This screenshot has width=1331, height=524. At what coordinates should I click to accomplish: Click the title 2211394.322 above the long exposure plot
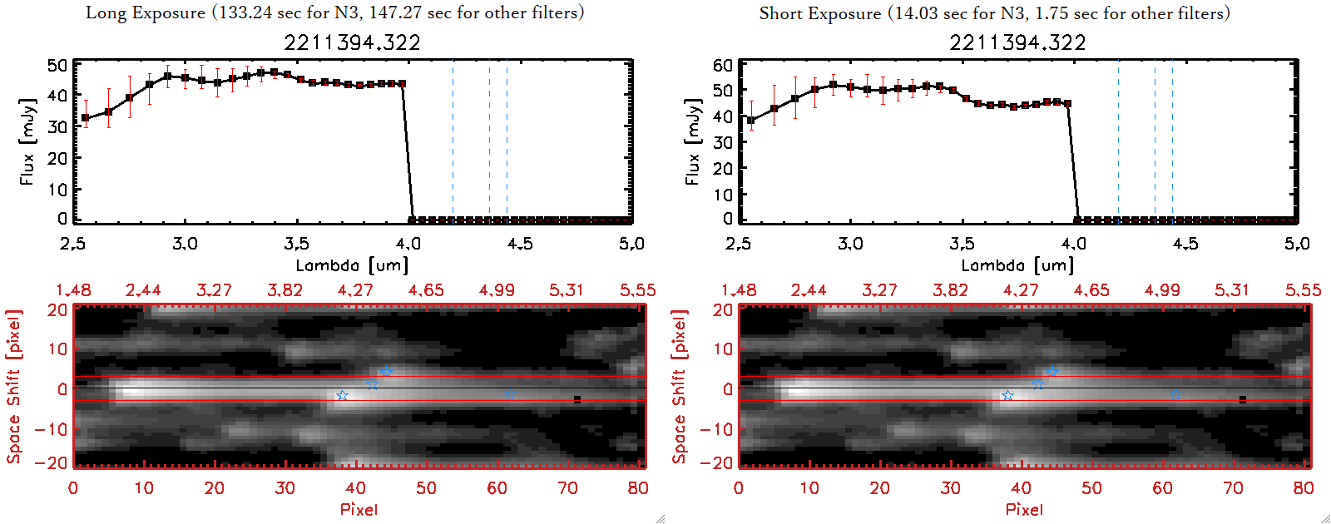point(352,42)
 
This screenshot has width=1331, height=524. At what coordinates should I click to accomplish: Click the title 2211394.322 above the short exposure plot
point(1017,42)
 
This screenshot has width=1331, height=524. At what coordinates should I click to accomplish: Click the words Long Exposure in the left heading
point(146,12)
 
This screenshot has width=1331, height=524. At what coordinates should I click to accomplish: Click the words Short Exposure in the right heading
point(819,13)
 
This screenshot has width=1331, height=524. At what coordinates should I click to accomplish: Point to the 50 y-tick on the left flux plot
point(57,66)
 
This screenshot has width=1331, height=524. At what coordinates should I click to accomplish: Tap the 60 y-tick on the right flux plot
point(723,66)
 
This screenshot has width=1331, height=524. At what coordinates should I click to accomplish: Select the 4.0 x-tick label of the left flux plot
point(408,244)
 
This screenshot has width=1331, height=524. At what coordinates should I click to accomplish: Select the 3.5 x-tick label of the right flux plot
point(962,244)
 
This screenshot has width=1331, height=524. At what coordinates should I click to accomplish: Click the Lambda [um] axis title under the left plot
point(352,265)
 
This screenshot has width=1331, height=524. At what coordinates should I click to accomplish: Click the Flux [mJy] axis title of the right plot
point(692,141)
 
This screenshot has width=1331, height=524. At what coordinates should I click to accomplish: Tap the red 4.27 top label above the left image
point(355,290)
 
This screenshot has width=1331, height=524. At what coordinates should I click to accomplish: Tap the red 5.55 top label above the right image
point(1303,290)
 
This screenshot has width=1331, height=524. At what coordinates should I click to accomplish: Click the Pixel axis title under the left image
point(359,509)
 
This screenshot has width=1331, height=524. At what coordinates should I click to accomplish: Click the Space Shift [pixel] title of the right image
point(680,387)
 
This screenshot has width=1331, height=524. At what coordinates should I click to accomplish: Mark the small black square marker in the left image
point(577,400)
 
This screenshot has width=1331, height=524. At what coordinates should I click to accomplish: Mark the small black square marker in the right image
point(1243,400)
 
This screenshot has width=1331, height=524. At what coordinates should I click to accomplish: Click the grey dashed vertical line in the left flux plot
point(507,141)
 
